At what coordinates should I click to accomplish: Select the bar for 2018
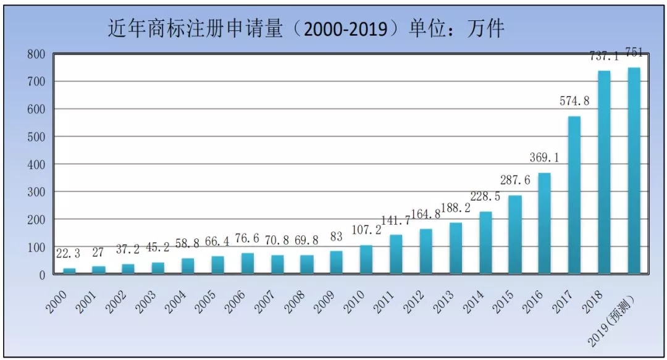pos(604,173)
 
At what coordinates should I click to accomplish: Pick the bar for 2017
pos(574,195)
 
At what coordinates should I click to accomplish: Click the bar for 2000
pos(69,271)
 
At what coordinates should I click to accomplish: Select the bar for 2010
pos(366,260)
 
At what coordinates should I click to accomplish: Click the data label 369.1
pos(544,158)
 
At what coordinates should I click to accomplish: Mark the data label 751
pos(634,52)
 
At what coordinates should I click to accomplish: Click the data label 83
pos(337,237)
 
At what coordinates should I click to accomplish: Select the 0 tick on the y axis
pos(41,275)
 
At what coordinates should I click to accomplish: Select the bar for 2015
pos(515,235)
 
